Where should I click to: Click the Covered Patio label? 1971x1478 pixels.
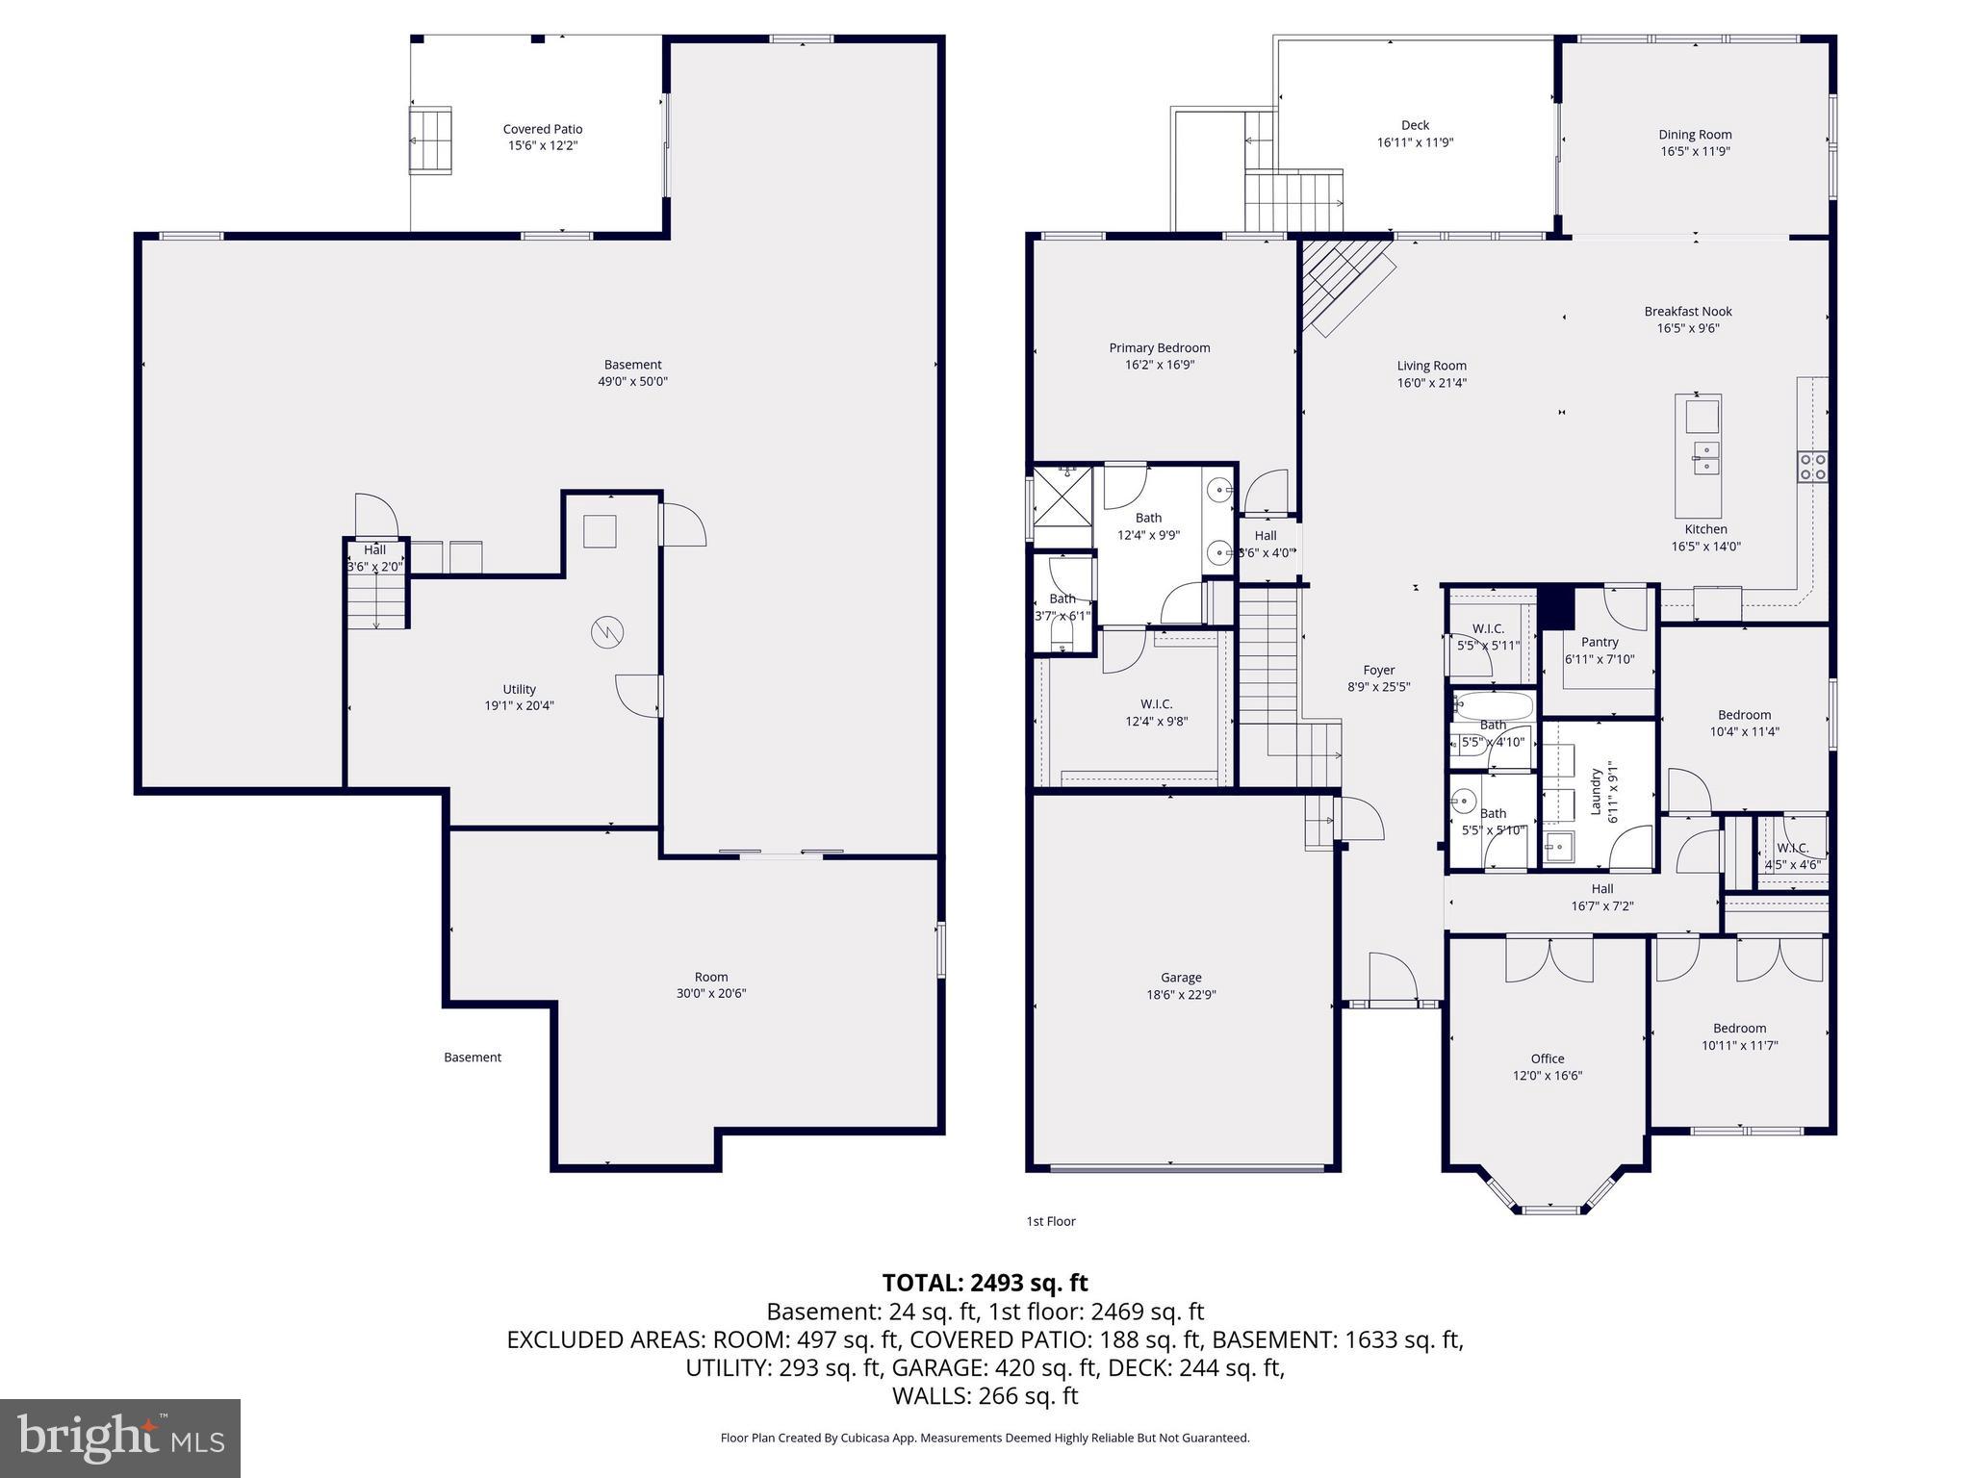(x=542, y=129)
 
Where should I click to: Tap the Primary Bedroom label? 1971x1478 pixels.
(x=1159, y=348)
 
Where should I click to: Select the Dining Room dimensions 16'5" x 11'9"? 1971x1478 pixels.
(x=1695, y=151)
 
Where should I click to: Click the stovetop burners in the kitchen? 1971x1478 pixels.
(x=1812, y=467)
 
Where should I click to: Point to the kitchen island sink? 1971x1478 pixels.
(x=1705, y=457)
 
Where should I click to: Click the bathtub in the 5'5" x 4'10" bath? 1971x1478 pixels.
(x=1493, y=707)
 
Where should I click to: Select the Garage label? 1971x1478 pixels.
(x=1180, y=978)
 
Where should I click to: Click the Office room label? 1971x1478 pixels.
(x=1547, y=1058)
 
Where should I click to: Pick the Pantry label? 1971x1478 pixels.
(x=1599, y=642)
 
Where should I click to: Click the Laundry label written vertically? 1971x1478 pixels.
(x=1595, y=791)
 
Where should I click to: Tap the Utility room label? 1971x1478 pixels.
(x=519, y=689)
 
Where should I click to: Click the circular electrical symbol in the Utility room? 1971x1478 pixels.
(x=607, y=632)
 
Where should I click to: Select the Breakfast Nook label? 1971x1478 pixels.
(x=1687, y=311)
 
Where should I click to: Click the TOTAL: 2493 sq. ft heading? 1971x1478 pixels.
(x=985, y=1283)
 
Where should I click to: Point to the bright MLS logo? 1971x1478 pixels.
(x=120, y=1438)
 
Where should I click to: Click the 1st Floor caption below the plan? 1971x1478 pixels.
(x=1050, y=1221)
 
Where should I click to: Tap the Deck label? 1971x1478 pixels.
(x=1414, y=125)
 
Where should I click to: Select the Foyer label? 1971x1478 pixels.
(x=1378, y=670)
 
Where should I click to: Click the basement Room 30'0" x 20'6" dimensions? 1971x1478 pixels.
(x=710, y=994)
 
